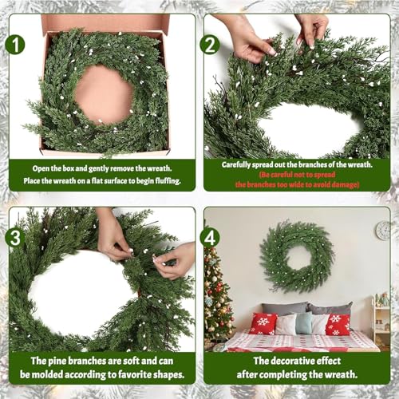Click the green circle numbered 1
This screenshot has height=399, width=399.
click(x=15, y=45)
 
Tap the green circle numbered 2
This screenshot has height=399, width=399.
click(x=210, y=45)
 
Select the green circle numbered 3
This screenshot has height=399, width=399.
click(x=15, y=238)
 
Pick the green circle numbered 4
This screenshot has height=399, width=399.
click(x=210, y=238)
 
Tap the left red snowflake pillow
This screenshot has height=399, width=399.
click(x=263, y=323)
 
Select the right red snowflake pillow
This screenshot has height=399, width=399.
click(x=338, y=324)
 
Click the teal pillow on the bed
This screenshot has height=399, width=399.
click(x=303, y=322)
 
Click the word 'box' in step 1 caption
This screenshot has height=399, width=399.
click(x=68, y=168)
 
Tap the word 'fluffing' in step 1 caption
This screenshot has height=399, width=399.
click(x=168, y=181)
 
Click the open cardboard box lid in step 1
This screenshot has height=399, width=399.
click(x=105, y=23)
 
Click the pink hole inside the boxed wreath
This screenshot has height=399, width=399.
click(x=104, y=94)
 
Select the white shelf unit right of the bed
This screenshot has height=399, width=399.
click(x=381, y=321)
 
